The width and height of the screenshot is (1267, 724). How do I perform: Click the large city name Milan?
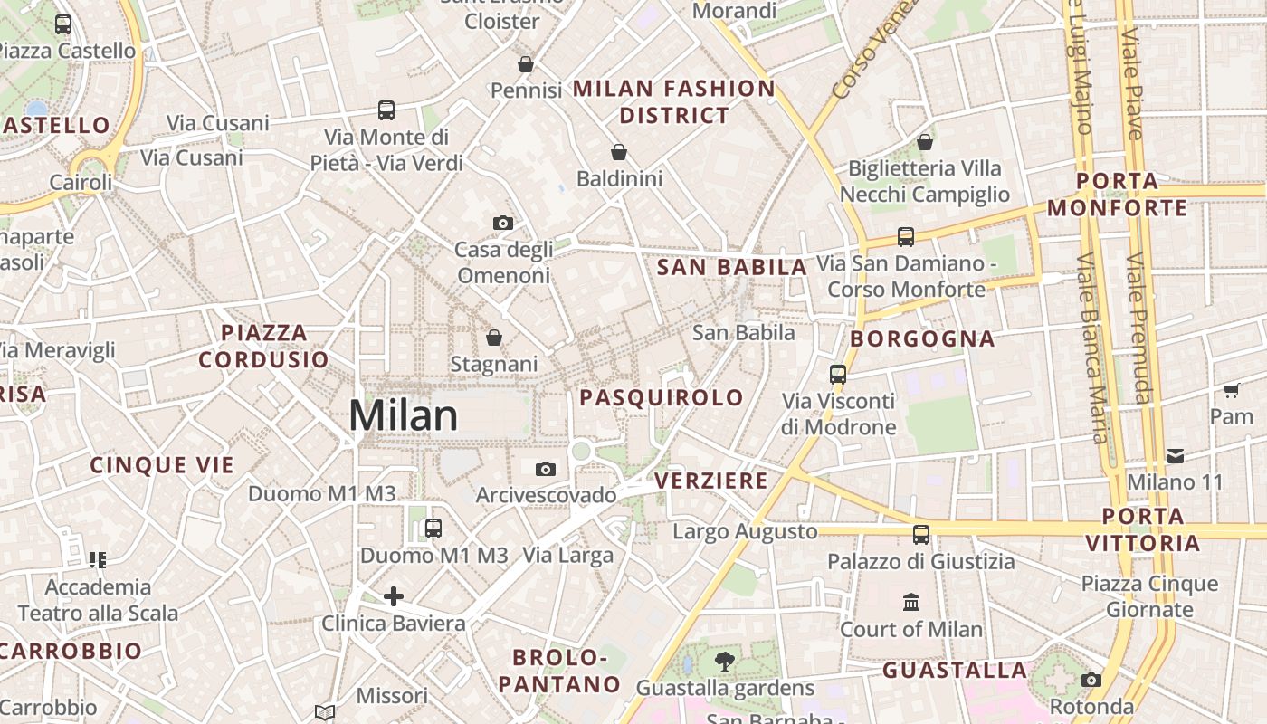point(403,416)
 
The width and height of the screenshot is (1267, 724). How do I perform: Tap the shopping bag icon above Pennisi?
point(526,64)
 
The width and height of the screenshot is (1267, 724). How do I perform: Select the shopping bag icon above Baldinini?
point(619,152)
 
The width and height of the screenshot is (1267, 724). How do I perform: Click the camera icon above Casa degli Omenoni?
point(503,223)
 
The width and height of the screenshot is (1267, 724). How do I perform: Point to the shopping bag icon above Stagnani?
point(494,338)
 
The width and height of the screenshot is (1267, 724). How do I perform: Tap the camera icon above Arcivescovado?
point(545,469)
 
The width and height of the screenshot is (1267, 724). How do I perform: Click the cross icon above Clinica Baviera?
point(394,596)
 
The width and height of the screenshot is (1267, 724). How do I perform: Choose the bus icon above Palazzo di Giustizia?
point(921,535)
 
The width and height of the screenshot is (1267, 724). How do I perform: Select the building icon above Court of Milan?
point(911,602)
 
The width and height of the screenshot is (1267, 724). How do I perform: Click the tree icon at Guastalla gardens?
point(724,662)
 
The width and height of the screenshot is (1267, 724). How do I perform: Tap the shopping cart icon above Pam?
point(1231,391)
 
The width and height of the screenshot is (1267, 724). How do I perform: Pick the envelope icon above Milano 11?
point(1175,455)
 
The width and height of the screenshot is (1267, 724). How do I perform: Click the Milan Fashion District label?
point(674,102)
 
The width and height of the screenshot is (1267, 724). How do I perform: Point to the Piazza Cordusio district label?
point(263,347)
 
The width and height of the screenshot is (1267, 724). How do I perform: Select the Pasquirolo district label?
point(662,397)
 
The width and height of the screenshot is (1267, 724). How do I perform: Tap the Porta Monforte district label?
point(1118,195)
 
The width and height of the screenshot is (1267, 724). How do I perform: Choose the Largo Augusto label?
point(745,531)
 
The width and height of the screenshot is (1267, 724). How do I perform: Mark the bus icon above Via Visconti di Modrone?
point(838,374)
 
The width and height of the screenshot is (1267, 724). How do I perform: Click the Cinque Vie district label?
point(162,465)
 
